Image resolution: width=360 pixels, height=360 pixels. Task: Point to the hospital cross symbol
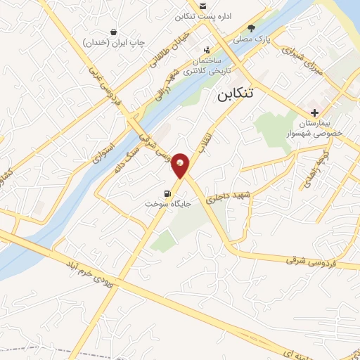click(x=314, y=112)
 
